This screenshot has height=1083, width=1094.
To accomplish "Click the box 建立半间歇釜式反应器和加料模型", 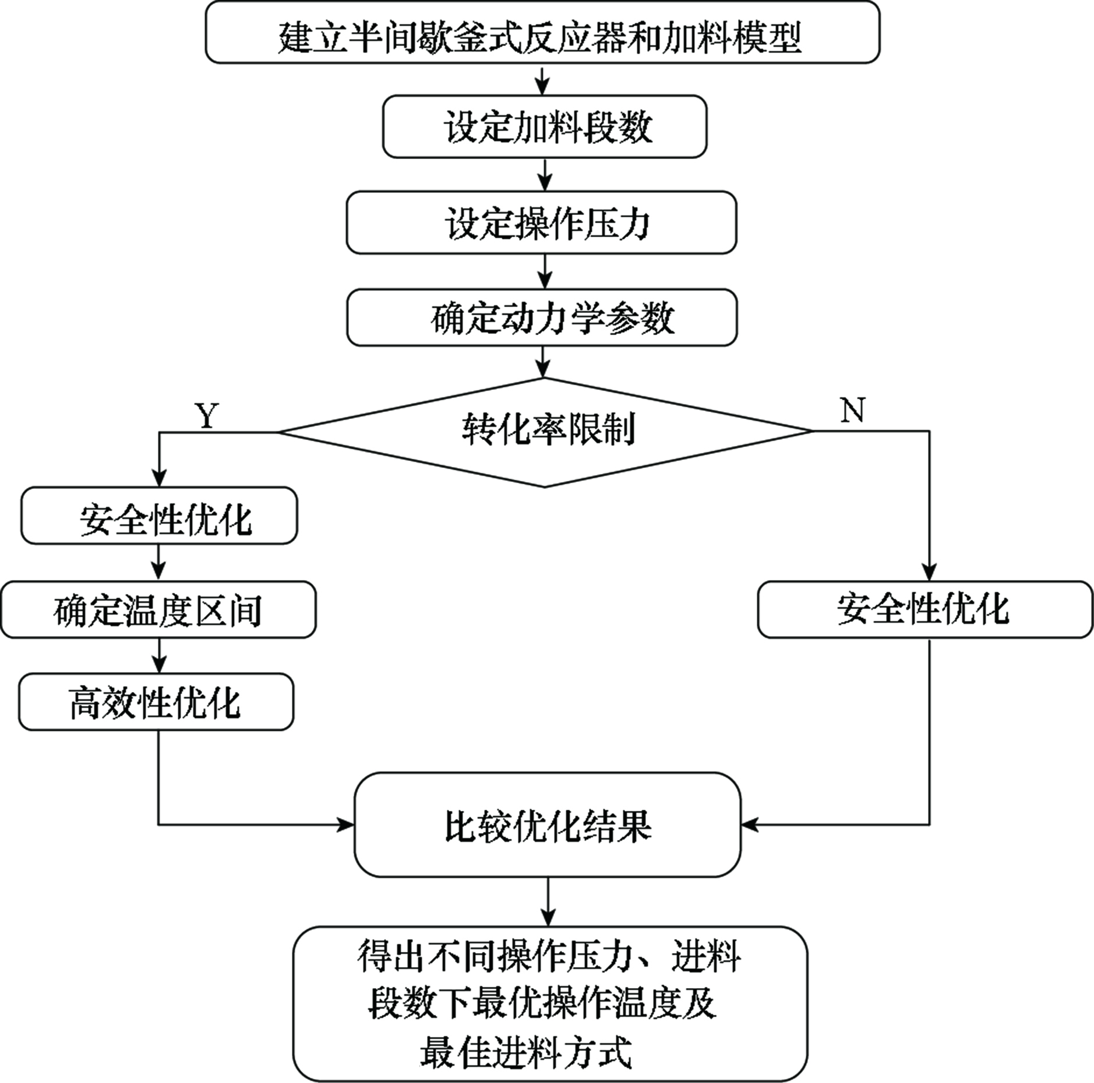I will tap(542, 32).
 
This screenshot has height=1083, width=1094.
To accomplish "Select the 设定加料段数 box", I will tap(545, 126).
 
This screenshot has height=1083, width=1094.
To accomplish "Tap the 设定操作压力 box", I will tap(542, 223).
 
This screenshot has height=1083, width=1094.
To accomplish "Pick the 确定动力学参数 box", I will tap(542, 318).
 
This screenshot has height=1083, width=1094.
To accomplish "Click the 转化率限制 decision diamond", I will tap(545, 432).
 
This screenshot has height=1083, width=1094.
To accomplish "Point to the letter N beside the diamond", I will tap(853, 411).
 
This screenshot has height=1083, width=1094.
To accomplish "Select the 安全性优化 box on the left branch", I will tap(159, 516).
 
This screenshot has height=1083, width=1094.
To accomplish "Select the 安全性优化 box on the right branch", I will tap(925, 609).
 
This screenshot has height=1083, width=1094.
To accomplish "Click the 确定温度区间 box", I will tap(158, 609).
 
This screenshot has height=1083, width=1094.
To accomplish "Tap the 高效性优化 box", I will tap(156, 702).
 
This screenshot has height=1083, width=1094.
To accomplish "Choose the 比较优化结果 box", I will tap(548, 825).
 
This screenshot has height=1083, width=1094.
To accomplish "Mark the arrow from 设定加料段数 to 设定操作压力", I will tap(544, 174).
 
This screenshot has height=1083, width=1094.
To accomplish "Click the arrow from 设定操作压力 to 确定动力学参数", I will tap(544, 271).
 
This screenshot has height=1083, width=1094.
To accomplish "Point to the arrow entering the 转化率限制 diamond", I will tap(543, 362).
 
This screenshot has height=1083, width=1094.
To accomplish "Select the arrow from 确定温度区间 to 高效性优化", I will tap(158, 656).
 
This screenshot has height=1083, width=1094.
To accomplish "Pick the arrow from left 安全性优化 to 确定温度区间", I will tap(158, 563).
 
